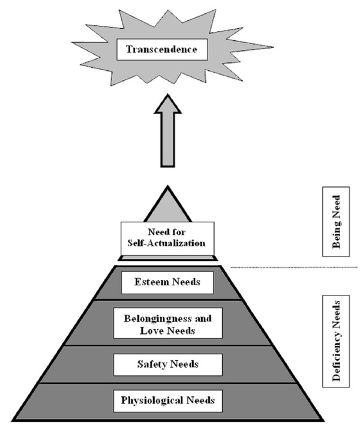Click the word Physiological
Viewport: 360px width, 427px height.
149,399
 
